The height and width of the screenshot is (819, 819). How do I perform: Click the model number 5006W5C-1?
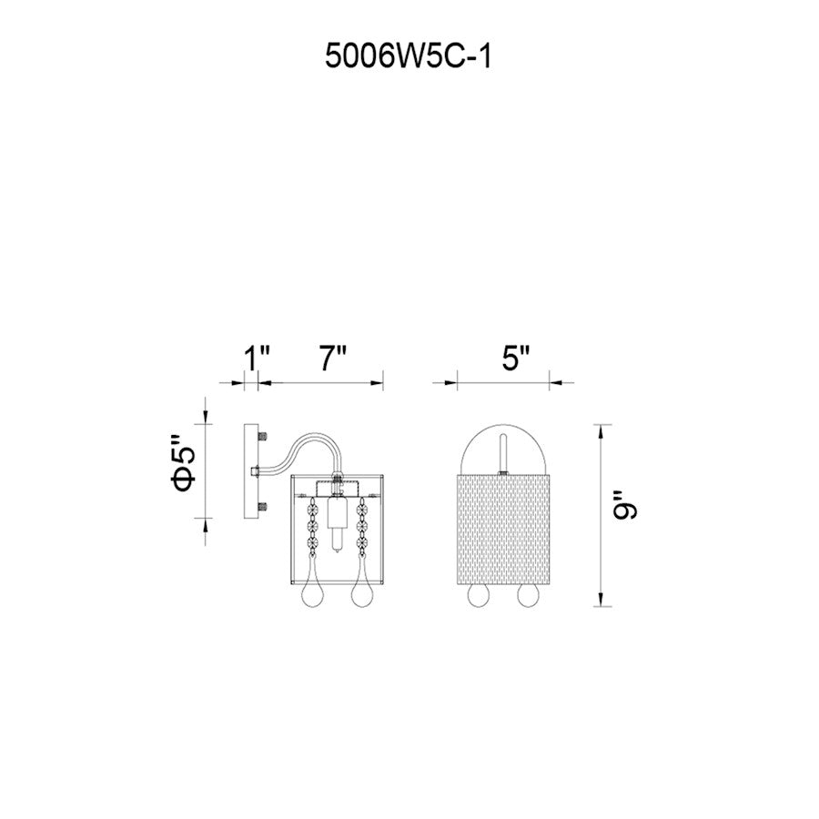408,56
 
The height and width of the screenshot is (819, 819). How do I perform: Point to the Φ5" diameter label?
186,463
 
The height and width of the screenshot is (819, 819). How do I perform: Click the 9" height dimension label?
625,504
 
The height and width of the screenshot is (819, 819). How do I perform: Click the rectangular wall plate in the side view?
251,471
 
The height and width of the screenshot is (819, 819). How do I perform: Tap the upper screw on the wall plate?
263,435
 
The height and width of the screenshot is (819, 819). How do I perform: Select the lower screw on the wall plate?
263,506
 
